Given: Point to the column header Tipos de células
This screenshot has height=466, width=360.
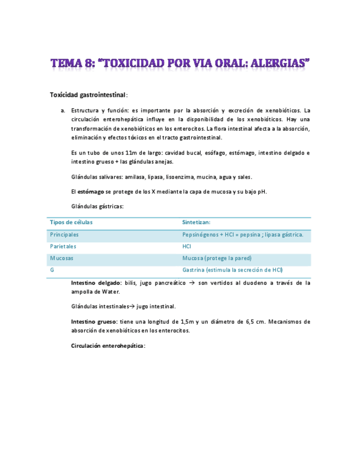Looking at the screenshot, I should tap(71, 222).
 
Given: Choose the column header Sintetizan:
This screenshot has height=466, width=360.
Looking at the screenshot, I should tap(196, 222).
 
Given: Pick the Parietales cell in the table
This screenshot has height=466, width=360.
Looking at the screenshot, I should tap(63, 247).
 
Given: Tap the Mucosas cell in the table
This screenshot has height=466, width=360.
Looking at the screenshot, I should tap(62, 258).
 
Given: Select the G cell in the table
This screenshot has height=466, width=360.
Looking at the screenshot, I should tap(52, 270).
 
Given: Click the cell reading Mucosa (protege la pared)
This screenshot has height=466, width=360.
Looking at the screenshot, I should tap(217, 258).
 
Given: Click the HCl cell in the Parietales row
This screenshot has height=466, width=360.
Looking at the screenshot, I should tap(187, 247).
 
